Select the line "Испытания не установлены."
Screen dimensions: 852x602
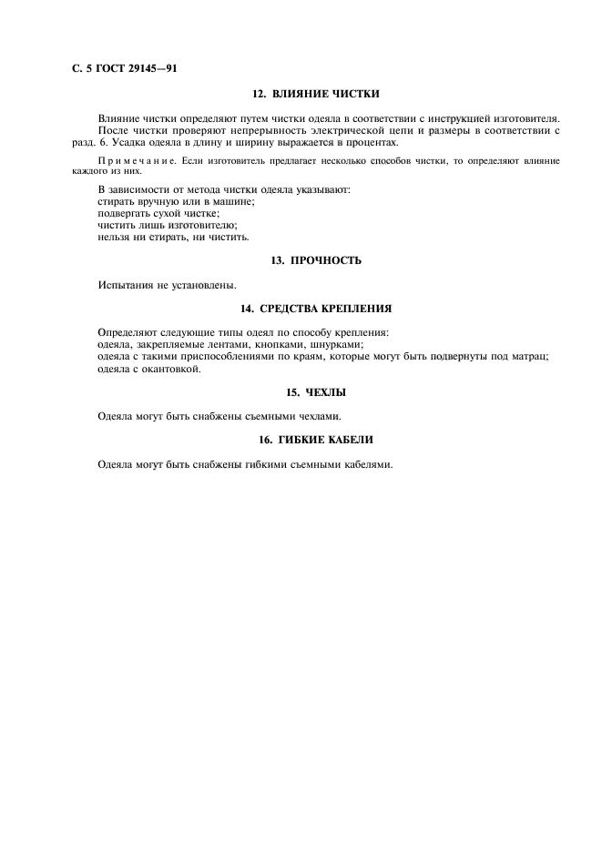pos(167,285)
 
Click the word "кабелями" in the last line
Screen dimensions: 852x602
pos(364,463)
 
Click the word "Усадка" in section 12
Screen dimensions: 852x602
pos(144,142)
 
